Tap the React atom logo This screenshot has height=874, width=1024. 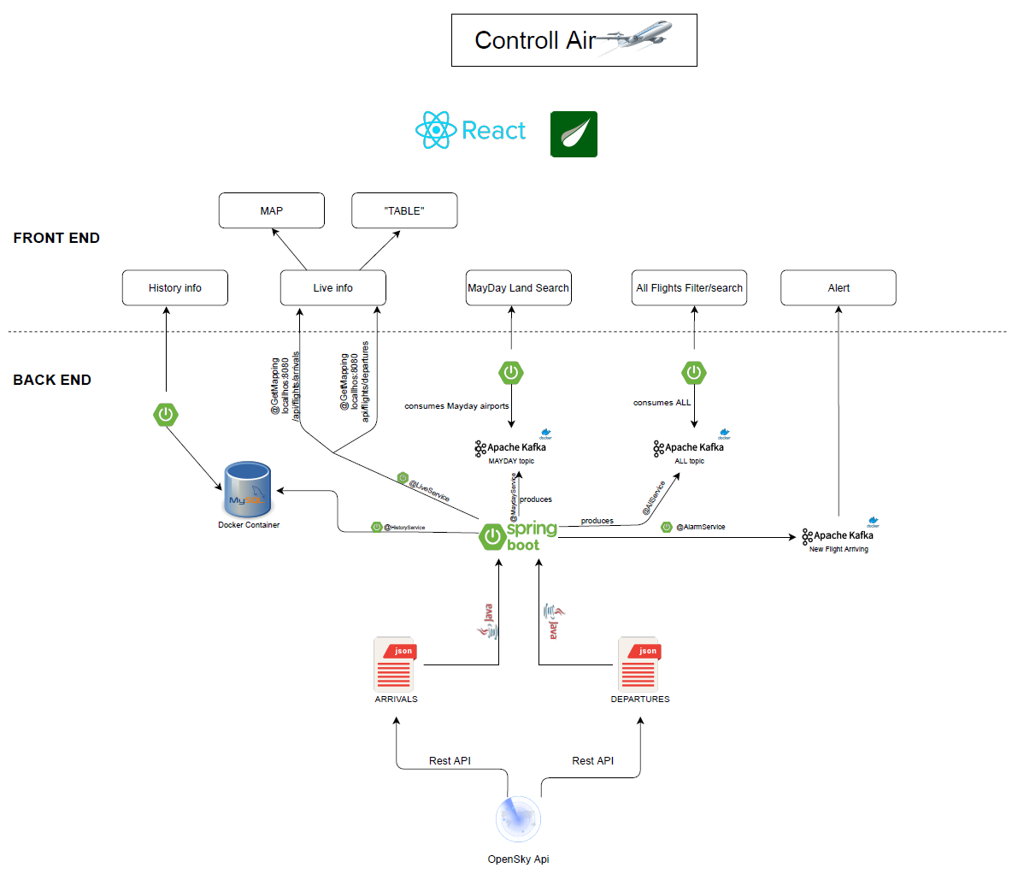(x=437, y=131)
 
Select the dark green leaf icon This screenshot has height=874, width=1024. (x=574, y=134)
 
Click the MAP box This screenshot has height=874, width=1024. (x=272, y=210)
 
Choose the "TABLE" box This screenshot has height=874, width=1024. (x=404, y=210)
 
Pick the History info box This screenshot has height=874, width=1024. (x=175, y=288)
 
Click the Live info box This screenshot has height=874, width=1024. (x=333, y=288)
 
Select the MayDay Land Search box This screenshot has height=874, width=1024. (x=518, y=288)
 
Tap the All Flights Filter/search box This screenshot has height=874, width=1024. (x=690, y=288)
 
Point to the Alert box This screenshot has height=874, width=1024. (x=839, y=288)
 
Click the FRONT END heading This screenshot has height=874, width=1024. (x=56, y=239)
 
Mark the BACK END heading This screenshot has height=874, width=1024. (x=52, y=380)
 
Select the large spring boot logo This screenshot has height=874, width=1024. (x=518, y=536)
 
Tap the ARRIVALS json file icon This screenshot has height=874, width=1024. (x=395, y=664)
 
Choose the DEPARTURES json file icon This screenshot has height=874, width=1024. (x=639, y=664)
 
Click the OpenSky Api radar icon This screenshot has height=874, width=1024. (x=518, y=818)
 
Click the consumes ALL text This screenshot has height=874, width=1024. (x=662, y=403)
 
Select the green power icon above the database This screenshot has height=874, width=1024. (x=166, y=415)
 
